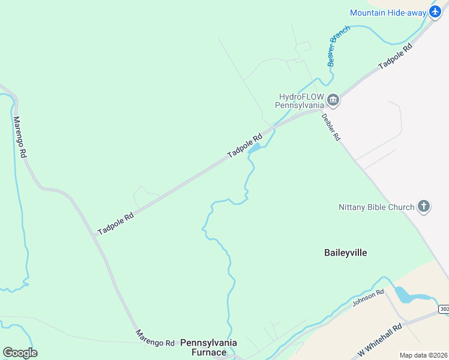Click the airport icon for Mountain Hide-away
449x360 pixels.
click(x=436, y=12)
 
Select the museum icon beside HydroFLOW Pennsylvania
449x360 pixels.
click(x=333, y=100)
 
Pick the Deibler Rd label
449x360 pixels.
click(x=331, y=127)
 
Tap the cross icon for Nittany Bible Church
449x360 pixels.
click(x=424, y=207)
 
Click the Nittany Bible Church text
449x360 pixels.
click(x=376, y=208)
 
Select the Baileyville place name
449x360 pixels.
click(x=345, y=253)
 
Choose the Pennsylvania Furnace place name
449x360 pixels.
click(x=209, y=347)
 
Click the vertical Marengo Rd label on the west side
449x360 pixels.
click(x=20, y=137)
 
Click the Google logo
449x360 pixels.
click(x=20, y=352)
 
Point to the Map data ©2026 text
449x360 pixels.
click(x=424, y=355)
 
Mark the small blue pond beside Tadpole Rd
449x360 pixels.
click(x=255, y=148)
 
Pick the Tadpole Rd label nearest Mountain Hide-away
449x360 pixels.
click(x=394, y=56)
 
